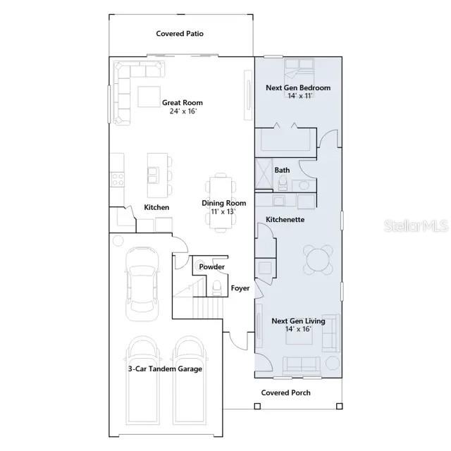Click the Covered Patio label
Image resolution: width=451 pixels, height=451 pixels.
180,33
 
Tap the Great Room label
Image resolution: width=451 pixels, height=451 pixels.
183,106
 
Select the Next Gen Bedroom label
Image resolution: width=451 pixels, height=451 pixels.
298,92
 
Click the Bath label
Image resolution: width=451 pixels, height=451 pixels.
282,170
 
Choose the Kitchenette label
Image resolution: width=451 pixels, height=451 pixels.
285,220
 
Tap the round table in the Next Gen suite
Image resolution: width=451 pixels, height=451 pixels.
319,259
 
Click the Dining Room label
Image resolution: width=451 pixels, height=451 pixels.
223,206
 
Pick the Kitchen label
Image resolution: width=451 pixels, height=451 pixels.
156,207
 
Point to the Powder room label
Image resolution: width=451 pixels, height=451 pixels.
211,267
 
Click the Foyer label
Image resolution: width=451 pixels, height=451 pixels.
240,288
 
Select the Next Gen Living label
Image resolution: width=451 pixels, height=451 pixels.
298,325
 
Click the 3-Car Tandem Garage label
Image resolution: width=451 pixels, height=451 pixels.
165,369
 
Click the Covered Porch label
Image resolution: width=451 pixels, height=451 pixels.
285,393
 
